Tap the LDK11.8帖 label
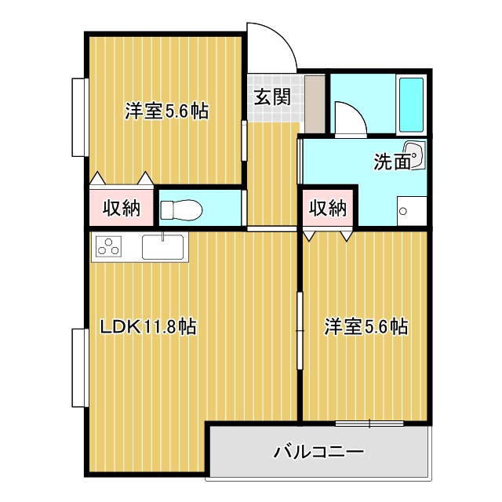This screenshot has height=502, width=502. [x=147, y=326]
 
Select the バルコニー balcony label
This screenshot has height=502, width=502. [x=318, y=452]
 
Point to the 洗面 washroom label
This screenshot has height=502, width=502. [x=391, y=162]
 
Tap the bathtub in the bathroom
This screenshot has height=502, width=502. [x=411, y=104]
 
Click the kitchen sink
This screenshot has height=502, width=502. [x=162, y=247]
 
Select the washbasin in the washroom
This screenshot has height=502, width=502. [x=413, y=155]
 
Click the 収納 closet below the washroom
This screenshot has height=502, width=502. [x=327, y=208]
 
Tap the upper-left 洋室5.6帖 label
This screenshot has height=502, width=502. [x=166, y=111]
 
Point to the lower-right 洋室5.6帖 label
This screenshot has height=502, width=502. [x=366, y=326]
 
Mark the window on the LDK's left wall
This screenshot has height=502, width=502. [x=78, y=369]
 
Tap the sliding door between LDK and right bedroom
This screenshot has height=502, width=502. [x=300, y=333]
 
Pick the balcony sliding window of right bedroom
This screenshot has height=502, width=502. [x=369, y=424]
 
